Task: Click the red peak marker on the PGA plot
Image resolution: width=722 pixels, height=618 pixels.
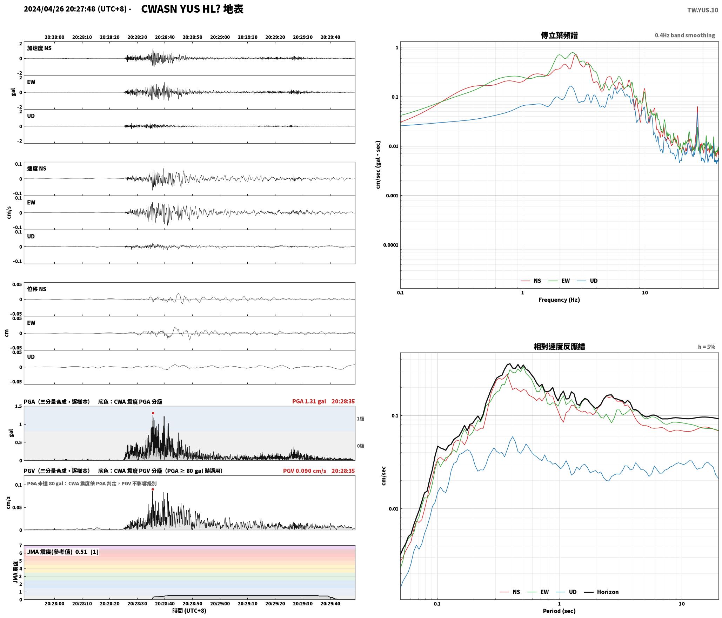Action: [153, 413]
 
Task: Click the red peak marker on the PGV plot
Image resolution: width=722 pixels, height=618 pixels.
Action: [153, 489]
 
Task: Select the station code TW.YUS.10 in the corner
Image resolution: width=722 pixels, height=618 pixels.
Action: [702, 10]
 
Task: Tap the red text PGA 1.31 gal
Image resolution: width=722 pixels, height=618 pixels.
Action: [309, 401]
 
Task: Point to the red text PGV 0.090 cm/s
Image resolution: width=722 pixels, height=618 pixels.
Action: [305, 471]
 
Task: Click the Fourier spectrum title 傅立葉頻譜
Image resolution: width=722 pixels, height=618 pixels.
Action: [559, 35]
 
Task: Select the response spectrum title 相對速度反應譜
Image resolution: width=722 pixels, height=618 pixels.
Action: [559, 347]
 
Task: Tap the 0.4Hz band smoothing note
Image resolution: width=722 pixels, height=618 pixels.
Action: [685, 35]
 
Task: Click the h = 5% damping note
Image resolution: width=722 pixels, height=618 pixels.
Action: [707, 347]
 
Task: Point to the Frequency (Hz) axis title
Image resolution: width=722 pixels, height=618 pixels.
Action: [559, 300]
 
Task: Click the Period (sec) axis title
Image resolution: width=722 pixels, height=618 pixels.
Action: [559, 611]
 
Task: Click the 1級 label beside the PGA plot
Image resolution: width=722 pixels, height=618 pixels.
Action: [360, 419]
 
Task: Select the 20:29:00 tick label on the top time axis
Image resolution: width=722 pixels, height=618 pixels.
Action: [220, 37]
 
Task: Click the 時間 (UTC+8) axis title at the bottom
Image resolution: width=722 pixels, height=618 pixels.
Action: [189, 611]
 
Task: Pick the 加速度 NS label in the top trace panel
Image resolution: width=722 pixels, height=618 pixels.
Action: [39, 48]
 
